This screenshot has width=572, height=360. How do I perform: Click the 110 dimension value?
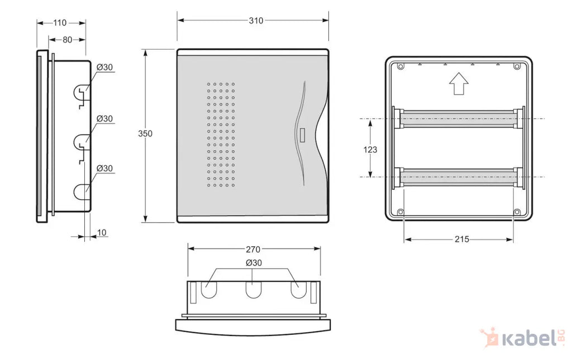60,23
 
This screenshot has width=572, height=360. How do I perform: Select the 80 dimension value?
68,40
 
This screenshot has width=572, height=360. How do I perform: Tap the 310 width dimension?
256,21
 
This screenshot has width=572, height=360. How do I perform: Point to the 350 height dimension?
145,134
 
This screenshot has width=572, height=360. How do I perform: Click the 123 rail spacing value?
370,150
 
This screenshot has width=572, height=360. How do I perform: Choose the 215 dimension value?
462,239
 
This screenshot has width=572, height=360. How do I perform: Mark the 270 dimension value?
253,249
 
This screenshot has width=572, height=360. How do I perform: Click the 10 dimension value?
102,233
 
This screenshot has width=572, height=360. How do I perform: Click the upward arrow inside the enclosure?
459,83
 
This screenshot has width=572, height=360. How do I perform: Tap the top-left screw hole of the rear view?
401,66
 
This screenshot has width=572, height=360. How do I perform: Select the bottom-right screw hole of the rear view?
517,212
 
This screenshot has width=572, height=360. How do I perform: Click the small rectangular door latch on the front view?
302,135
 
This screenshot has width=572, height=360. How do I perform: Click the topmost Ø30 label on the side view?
104,68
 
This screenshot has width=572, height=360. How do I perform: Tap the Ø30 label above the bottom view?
254,263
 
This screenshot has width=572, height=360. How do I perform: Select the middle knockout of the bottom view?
254,290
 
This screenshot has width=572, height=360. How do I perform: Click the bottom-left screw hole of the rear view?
401,212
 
